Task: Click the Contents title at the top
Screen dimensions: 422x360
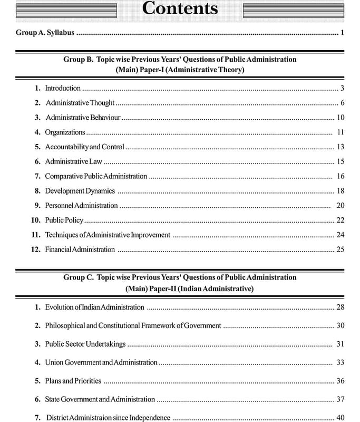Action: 180,9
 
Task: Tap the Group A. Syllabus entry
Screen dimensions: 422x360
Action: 45,33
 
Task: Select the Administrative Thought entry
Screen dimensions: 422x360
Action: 80,103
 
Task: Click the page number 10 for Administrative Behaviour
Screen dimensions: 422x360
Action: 340,117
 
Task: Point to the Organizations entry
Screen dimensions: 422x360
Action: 65,132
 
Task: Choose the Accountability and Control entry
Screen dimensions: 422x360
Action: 84,147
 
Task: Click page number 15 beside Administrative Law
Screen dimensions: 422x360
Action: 340,161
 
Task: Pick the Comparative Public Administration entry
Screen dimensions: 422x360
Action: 96,176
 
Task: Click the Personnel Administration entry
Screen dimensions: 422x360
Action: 81,205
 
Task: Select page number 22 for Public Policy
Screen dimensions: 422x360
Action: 340,220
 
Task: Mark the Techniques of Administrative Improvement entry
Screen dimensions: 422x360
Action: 108,235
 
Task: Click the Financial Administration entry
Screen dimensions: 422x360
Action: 80,250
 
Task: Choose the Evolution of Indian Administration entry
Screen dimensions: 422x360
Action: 94,307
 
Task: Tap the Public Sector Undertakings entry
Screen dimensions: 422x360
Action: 85,344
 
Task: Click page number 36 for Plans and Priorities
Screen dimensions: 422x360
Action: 340,381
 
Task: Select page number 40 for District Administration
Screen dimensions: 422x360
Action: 340,418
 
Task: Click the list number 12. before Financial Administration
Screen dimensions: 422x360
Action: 36,250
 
